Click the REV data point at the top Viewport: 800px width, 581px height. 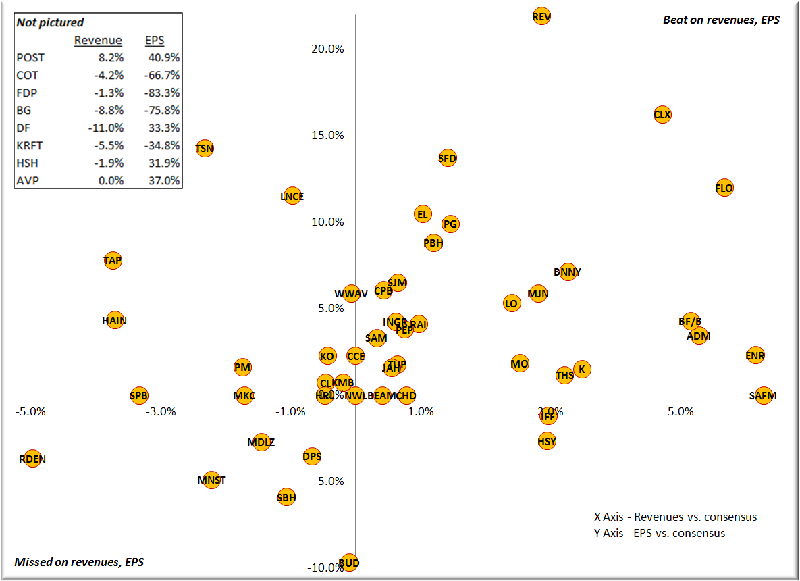click(541, 16)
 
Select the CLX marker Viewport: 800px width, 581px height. click(662, 115)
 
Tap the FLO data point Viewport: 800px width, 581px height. click(724, 188)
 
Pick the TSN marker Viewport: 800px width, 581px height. click(205, 148)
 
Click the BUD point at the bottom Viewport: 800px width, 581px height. click(349, 563)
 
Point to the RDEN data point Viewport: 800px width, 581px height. click(32, 459)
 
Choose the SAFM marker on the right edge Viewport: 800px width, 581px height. click(763, 395)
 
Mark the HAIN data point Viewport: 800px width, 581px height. click(115, 320)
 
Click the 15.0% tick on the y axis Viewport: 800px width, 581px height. click(327, 135)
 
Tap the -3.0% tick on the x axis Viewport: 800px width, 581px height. click(162, 411)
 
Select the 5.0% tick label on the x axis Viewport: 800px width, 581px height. click(681, 411)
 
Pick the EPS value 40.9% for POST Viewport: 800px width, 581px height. click(164, 58)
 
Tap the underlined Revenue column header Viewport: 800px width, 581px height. click(98, 41)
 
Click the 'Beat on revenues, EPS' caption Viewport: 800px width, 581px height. click(721, 20)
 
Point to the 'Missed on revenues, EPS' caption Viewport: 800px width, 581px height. click(79, 561)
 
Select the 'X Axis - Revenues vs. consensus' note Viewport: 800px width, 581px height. click(675, 517)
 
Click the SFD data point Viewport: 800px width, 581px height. click(448, 159)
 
